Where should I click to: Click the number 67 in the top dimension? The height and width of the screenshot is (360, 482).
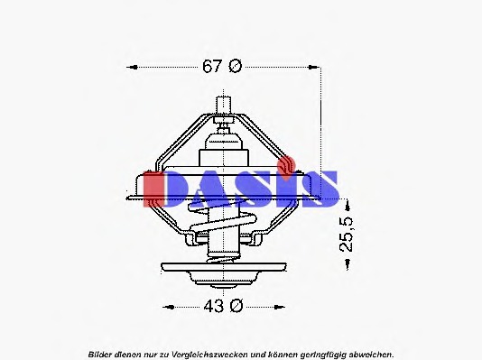[x=211, y=66]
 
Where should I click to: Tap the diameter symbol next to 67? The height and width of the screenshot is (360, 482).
[x=236, y=66]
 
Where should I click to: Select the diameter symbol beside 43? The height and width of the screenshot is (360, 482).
[x=236, y=306]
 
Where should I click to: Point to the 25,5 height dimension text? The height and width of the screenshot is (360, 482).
[x=347, y=234]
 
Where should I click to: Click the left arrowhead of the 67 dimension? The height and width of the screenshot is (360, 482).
[x=132, y=67]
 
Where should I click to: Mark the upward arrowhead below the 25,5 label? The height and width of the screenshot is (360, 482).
[x=346, y=263]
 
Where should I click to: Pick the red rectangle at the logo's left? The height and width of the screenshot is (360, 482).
[x=153, y=188]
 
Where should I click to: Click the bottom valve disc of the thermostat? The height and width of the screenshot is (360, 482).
[x=222, y=268]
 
